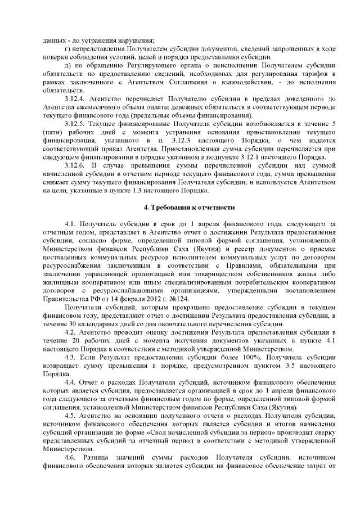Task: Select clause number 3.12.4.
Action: click(76, 99)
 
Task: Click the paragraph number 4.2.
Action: click(70, 332)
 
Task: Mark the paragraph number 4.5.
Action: click(70, 415)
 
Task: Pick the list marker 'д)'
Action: click(67, 66)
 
